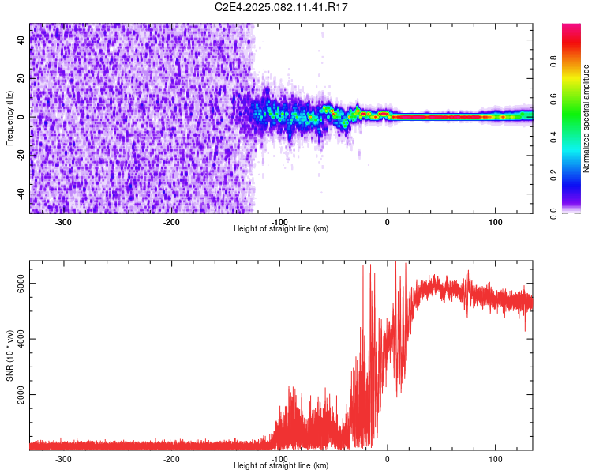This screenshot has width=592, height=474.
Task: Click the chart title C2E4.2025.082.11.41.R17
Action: coord(281,7)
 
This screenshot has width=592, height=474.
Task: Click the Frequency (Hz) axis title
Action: coord(9,118)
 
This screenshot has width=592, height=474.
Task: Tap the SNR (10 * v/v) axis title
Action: coord(9,355)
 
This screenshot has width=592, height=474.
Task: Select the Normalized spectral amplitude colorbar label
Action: coord(586,118)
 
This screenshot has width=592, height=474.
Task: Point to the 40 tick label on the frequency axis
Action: coord(21,39)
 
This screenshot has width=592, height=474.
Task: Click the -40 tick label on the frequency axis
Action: coord(21,194)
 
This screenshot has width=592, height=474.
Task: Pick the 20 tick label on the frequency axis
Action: coord(21,78)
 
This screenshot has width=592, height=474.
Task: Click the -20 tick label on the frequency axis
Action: coord(21,156)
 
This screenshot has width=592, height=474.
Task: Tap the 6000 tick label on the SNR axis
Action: coord(21,284)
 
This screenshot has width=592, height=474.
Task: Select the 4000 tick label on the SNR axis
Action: coord(21,339)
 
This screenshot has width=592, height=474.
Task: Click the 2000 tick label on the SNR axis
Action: coord(21,395)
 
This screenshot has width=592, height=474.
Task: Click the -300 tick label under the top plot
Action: coord(63,222)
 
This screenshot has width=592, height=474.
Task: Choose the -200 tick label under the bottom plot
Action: coord(171,459)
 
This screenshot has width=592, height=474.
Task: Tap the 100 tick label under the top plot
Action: coord(496,222)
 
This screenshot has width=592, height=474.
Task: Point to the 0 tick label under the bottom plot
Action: coord(388,459)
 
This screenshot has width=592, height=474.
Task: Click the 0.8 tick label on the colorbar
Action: coord(554,61)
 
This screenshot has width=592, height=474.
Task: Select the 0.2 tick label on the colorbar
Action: coord(554,175)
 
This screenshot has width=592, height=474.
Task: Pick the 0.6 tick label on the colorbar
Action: coord(554,99)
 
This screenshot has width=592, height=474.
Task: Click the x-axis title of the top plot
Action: coord(281,228)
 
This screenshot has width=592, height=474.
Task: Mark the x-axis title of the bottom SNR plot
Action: coord(281,465)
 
